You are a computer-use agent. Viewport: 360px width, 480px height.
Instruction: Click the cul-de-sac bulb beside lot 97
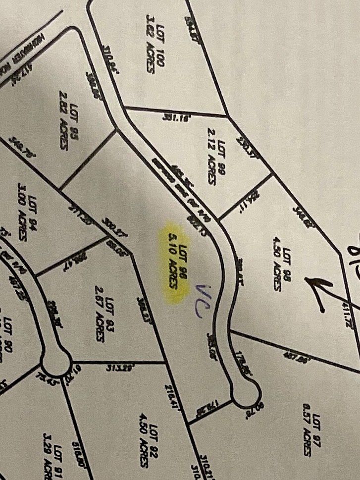coord(247,394)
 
